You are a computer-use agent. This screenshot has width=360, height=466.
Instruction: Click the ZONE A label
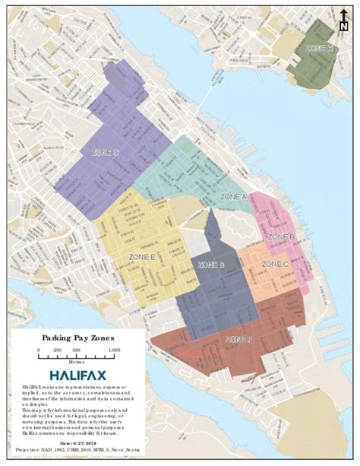tap(234, 196)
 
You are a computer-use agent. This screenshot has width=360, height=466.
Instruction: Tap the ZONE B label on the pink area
tap(282, 237)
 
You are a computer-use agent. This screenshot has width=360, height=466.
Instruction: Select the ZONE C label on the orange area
tap(275, 264)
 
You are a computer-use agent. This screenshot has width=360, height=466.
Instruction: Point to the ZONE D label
tap(210, 265)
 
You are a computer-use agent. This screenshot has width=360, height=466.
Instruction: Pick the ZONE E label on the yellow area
tap(142, 258)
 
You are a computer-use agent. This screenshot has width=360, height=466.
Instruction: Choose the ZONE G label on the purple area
tap(105, 152)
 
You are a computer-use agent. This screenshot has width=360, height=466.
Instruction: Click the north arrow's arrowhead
tap(344, 11)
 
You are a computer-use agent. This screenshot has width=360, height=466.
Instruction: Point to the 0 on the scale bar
tap(39, 350)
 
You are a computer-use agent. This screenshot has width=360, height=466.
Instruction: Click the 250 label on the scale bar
tap(57, 350)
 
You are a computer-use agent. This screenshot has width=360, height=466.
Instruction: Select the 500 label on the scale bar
tap(76, 350)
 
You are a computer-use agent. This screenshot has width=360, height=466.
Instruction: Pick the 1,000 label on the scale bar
tap(114, 350)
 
